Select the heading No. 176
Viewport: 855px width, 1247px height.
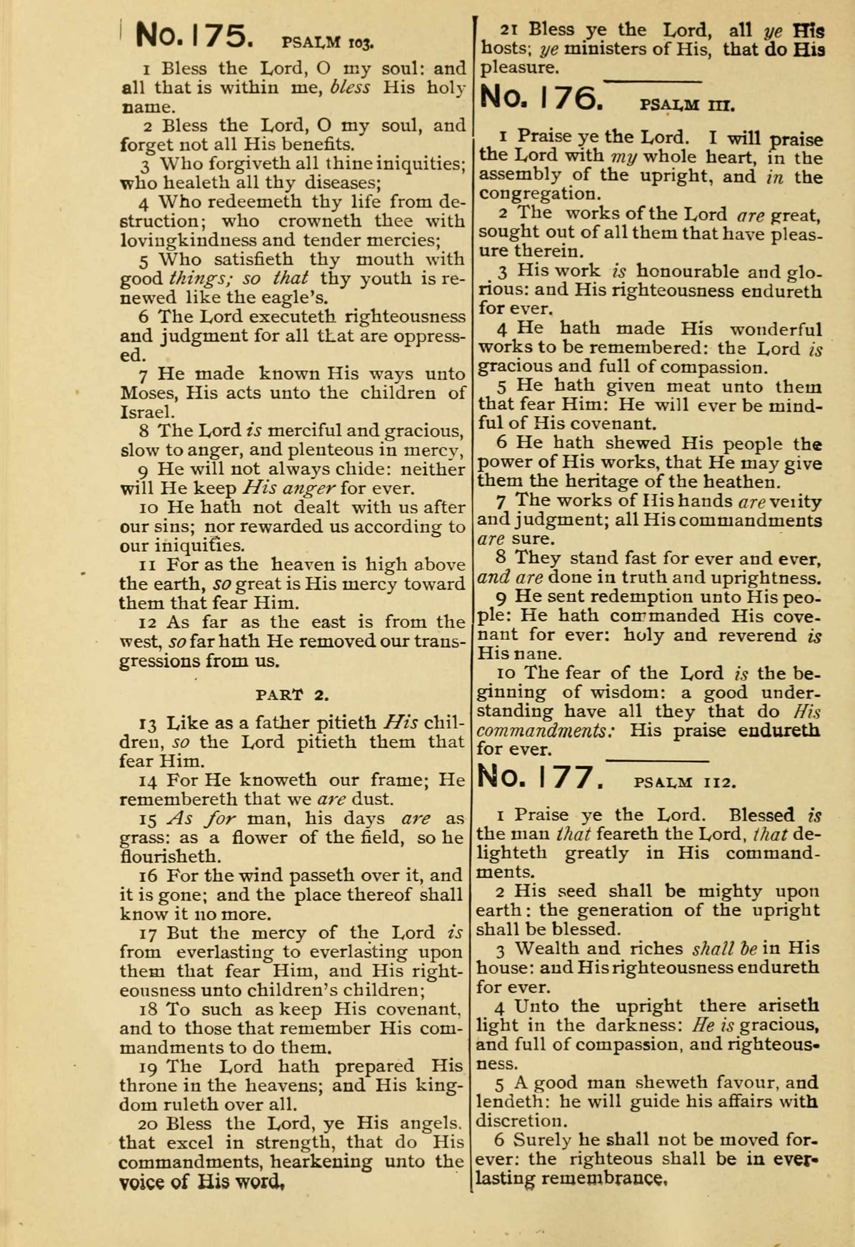pos(541,98)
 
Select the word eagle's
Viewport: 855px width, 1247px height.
pos(297,297)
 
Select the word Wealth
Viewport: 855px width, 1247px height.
pos(547,948)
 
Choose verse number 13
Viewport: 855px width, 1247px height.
pos(148,724)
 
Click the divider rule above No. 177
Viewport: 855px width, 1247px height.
pos(657,760)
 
